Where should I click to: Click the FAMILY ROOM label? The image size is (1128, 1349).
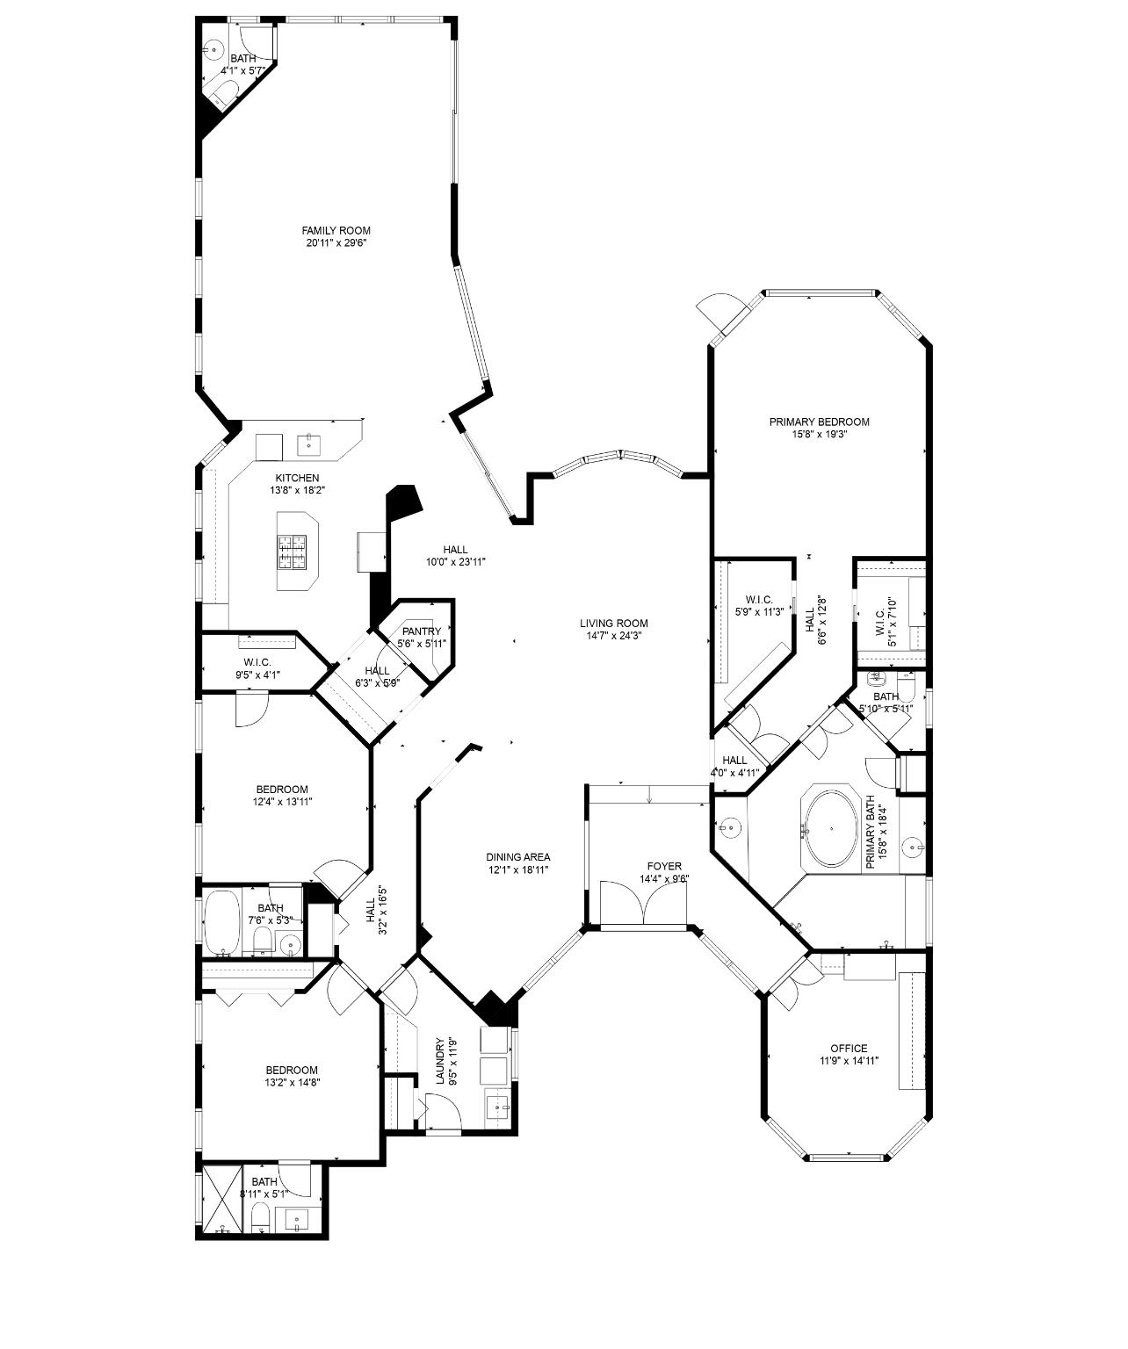[336, 231]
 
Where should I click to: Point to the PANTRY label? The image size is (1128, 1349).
[422, 631]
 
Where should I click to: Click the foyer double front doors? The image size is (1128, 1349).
[644, 903]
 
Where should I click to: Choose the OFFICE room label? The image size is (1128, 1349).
[849, 1048]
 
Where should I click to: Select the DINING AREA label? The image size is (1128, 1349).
[518, 857]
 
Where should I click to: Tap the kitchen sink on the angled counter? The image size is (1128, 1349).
[310, 445]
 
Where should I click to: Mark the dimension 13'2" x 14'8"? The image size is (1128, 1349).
[292, 1083]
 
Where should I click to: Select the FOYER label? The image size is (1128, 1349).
[663, 867]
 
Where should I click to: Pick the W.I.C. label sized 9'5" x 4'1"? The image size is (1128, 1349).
[257, 662]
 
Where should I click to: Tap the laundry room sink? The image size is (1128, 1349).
[499, 1107]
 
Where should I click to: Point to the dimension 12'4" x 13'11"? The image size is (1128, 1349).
[283, 801]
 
